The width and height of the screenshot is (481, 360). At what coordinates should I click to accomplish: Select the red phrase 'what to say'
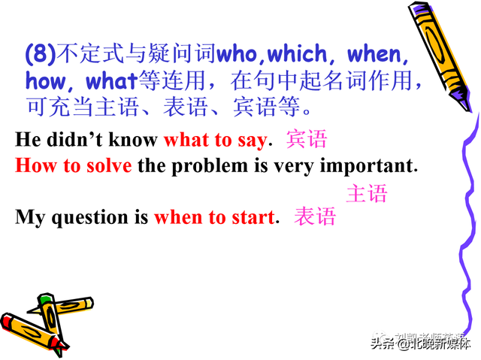(x=214, y=141)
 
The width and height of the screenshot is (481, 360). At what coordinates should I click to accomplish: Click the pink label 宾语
(x=307, y=141)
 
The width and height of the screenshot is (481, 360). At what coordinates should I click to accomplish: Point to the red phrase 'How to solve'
(x=73, y=165)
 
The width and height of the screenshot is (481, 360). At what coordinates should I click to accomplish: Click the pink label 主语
(x=366, y=194)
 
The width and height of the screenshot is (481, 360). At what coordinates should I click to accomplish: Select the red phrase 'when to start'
(x=213, y=218)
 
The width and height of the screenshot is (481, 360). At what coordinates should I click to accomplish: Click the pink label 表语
(x=314, y=218)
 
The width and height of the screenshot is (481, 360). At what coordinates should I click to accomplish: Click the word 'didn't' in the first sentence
(x=76, y=141)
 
